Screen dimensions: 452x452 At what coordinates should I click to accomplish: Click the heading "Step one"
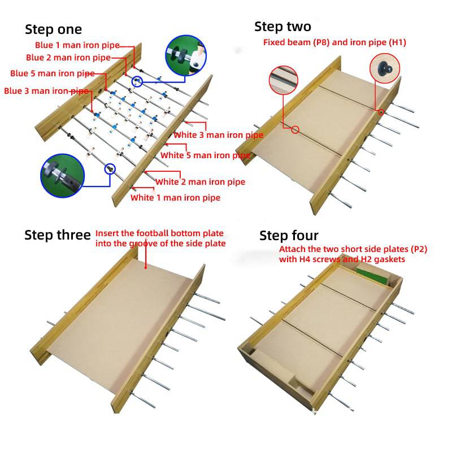tap(53, 29)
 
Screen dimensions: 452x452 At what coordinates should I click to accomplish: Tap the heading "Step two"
tap(283, 27)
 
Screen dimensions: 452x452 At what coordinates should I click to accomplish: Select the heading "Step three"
tap(58, 235)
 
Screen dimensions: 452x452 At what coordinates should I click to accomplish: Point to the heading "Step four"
tap(289, 236)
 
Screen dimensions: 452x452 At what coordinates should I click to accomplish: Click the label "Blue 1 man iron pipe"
tap(77, 45)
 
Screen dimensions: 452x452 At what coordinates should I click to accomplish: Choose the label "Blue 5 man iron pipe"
tap(53, 73)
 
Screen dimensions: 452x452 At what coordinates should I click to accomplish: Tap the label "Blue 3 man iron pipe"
tap(46, 91)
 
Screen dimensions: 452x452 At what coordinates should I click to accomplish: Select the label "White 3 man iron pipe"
tap(219, 135)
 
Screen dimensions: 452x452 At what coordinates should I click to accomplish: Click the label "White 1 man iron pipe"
tap(175, 198)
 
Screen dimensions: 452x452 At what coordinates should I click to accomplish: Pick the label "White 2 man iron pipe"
tap(201, 182)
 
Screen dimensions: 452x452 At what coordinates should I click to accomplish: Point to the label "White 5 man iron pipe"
tap(205, 155)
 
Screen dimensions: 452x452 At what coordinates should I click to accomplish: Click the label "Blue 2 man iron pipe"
tap(68, 58)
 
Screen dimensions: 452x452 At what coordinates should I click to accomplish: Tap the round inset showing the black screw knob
tap(385, 68)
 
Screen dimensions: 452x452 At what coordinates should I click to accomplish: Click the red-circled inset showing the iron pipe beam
tap(284, 80)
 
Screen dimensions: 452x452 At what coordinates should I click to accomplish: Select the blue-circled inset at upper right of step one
tap(186, 55)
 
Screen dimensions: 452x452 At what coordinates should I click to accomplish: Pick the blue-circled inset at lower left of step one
tap(62, 176)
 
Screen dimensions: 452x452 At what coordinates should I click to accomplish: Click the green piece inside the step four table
tap(372, 276)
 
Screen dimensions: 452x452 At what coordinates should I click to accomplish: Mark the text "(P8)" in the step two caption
tap(321, 42)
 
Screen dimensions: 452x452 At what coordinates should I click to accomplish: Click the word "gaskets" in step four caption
tap(389, 259)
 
